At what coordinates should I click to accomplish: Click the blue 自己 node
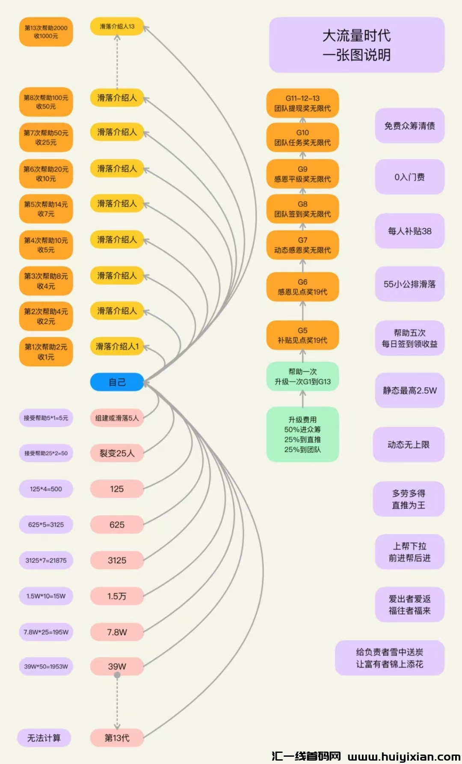point(117,382)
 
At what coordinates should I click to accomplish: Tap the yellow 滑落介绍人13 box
point(117,27)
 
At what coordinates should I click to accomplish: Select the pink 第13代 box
point(117,737)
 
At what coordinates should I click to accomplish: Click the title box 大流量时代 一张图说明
point(356,45)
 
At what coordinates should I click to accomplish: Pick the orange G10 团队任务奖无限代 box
point(302,137)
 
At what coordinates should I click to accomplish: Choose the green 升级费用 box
point(302,434)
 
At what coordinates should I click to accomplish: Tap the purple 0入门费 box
point(409,177)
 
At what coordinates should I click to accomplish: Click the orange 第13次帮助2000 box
point(46,32)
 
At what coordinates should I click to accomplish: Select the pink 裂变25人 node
point(117,453)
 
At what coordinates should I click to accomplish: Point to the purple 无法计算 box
point(44,737)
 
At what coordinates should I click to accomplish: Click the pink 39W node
point(117,666)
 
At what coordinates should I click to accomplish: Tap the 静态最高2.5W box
point(409,390)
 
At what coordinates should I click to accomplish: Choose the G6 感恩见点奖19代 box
point(302,287)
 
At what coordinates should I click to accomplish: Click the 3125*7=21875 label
point(46,560)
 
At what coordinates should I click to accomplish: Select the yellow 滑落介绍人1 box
point(117,346)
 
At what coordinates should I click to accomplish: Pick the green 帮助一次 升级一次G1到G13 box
point(302,376)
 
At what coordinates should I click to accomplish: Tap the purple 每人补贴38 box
point(409,231)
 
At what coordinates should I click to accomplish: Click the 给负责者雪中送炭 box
point(389,658)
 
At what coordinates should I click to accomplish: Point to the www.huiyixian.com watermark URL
point(404,757)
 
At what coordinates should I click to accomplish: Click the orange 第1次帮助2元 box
point(46,352)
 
